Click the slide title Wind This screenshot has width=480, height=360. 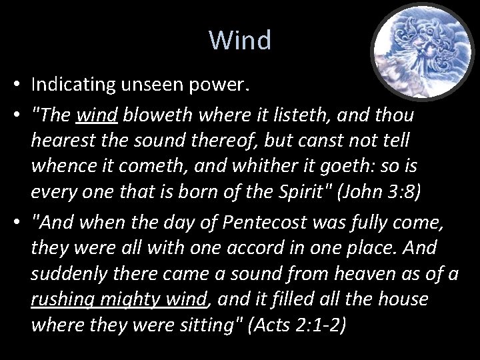(240, 41)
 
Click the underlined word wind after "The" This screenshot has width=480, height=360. (97, 115)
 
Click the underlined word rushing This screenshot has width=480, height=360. (65, 299)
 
